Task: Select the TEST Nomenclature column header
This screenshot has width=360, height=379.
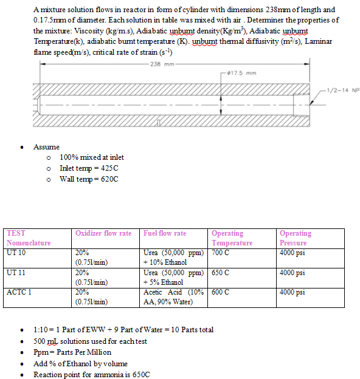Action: click(29, 237)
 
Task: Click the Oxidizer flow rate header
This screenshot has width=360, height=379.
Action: click(103, 233)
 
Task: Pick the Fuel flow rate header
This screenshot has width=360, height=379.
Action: click(165, 233)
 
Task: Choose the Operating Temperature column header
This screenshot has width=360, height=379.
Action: click(232, 237)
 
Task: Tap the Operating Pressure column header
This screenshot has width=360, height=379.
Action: click(295, 237)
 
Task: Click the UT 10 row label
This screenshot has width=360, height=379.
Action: click(16, 252)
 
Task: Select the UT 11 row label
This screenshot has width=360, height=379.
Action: click(16, 272)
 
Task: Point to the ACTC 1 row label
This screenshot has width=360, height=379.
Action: click(19, 292)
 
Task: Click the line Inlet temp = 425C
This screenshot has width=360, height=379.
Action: click(89, 168)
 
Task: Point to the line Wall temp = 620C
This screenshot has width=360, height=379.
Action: click(89, 179)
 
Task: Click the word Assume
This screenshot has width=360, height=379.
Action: click(46, 146)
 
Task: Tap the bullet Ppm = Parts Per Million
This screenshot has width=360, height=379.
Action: click(72, 352)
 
